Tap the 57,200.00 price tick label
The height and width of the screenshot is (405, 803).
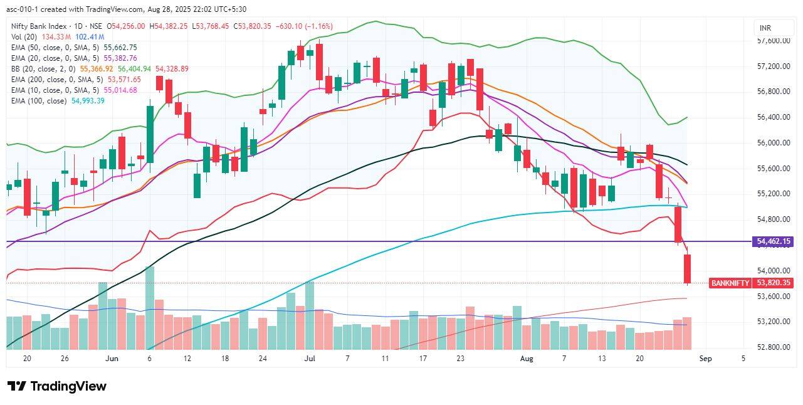click(772, 66)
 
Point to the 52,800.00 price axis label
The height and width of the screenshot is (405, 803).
click(772, 347)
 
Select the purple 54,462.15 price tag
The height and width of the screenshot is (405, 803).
click(774, 241)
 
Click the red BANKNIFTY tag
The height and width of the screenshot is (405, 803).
click(730, 283)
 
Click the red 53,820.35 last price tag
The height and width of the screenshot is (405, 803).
click(774, 283)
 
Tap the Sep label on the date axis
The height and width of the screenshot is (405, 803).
click(705, 359)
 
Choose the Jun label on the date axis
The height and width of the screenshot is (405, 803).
click(112, 359)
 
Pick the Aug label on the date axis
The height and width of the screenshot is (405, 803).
click(527, 359)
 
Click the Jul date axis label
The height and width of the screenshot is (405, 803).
click(309, 359)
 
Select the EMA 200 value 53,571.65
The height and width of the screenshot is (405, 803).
click(124, 80)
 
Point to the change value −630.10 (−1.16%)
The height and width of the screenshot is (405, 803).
click(303, 26)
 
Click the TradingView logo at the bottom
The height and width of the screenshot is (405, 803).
click(57, 386)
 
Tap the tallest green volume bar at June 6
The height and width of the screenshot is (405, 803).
click(150, 307)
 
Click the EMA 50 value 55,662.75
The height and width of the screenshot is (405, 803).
click(120, 48)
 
